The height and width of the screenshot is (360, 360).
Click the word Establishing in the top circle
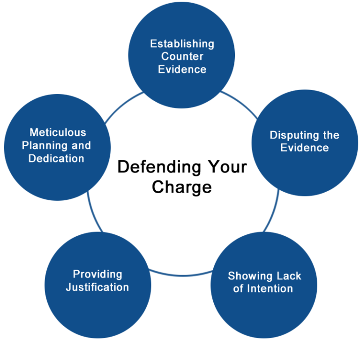[182, 44]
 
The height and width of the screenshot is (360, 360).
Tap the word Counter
[182, 57]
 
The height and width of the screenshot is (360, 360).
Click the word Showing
[250, 276]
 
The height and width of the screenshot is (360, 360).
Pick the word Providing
[97, 274]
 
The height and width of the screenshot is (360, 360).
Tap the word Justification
[97, 287]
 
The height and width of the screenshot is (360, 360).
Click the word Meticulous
[58, 133]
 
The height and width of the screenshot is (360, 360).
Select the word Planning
[46, 145]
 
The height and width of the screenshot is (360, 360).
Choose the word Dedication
[56, 158]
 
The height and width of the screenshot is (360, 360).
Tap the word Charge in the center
[182, 187]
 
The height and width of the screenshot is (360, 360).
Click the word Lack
[289, 276]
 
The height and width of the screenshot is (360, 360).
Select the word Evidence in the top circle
[182, 69]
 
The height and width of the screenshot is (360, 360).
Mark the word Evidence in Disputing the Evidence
[305, 148]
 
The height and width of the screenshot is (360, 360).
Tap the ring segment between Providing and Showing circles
[181, 274]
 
